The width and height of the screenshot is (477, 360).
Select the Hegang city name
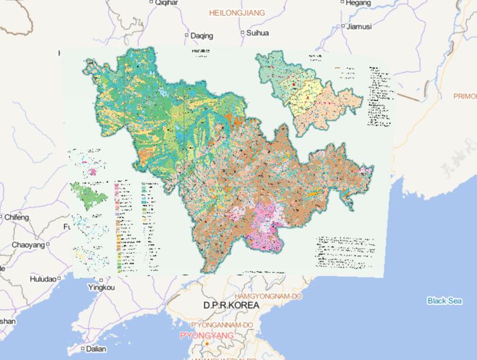(360, 3)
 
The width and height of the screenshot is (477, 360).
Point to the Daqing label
(201, 35)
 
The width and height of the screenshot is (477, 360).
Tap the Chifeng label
(17, 218)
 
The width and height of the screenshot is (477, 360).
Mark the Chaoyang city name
(28, 246)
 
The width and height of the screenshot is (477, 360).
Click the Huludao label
(42, 279)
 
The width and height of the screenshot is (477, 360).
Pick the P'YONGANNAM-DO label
(222, 325)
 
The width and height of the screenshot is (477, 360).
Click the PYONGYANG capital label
(207, 336)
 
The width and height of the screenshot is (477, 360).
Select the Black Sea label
(445, 301)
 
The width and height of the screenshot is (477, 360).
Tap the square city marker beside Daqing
(186, 35)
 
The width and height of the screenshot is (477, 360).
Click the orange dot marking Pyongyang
(206, 344)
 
